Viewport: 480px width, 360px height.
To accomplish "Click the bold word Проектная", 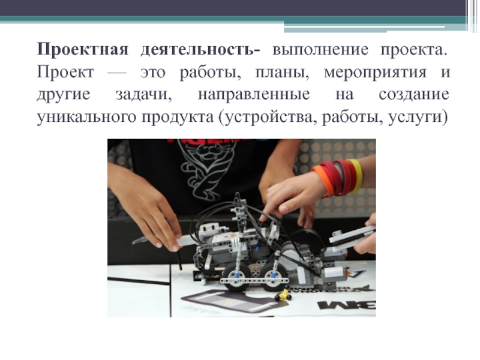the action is point(83,50).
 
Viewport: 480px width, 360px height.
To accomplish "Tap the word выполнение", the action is point(320,50).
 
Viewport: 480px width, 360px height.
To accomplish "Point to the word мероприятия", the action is point(375,73).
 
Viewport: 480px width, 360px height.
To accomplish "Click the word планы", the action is point(282,73).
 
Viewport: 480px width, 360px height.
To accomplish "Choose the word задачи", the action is point(144,95).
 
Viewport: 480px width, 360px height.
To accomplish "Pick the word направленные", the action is point(254,95).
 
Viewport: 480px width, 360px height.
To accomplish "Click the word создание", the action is point(414,95).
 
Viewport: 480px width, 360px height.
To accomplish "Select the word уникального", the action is point(86,117).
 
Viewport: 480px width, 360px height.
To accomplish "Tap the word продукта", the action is point(177,117).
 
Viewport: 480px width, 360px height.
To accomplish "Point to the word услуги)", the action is point(418,117).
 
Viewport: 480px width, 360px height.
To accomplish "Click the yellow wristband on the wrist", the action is point(355,176).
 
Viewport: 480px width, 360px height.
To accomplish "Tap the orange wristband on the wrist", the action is point(322,181).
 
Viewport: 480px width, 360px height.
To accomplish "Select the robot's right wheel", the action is point(275,278).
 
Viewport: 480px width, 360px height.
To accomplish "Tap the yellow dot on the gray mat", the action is point(228,302).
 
